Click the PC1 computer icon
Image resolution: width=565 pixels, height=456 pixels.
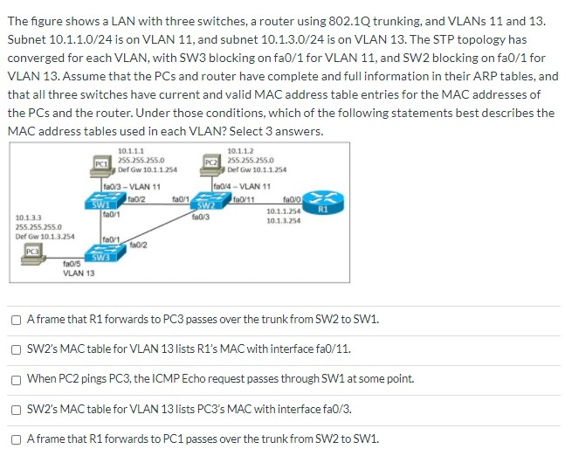click(100, 162)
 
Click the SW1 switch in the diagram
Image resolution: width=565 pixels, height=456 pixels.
click(101, 204)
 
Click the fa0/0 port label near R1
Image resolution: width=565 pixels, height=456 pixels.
click(293, 199)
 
